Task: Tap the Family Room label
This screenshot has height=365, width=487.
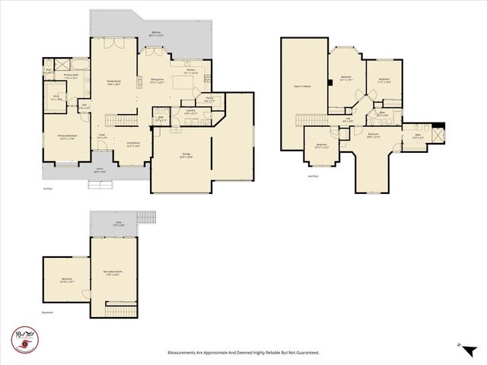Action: click(115, 84)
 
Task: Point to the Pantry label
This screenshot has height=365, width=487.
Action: click(209, 100)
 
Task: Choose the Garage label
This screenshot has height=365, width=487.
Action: click(186, 155)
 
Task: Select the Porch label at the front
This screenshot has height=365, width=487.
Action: click(100, 170)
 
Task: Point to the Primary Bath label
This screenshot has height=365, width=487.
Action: click(72, 77)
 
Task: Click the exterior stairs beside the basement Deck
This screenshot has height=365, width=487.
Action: click(147, 218)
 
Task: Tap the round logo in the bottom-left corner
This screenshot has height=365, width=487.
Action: click(24, 336)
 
